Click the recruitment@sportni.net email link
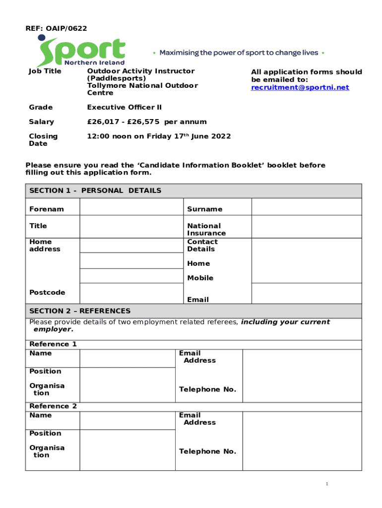pos(300,87)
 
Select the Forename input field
pos(131,207)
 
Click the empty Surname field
pos(306,207)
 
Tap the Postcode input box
pos(131,293)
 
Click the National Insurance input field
pos(306,227)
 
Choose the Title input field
pos(131,227)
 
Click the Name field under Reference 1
pos(127,358)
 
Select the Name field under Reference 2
pos(127,420)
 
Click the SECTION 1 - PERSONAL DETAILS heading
pos(95,190)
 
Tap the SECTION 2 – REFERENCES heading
pos(80,311)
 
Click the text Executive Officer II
pos(125,107)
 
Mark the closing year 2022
pos(221,136)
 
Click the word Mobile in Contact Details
pos(200,278)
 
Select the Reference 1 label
pos(53,344)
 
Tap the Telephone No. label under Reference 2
pos(207,451)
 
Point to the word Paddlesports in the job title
pos(117,78)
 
